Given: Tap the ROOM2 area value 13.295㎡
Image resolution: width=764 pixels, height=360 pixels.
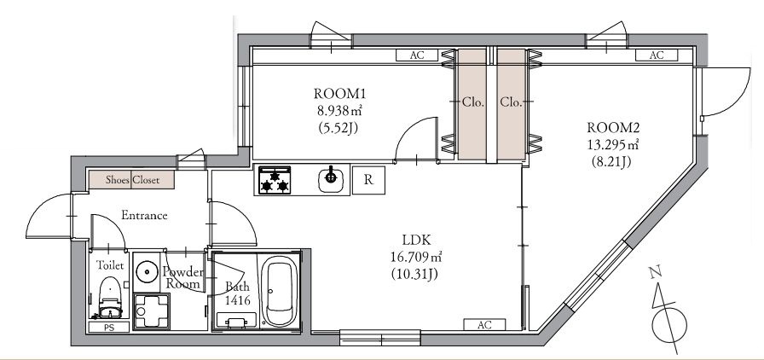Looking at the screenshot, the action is pyautogui.click(x=613, y=144).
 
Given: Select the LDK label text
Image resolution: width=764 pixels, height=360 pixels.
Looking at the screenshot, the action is pyautogui.click(x=415, y=240).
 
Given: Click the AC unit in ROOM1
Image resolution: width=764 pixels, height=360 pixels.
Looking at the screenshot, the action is pyautogui.click(x=417, y=55).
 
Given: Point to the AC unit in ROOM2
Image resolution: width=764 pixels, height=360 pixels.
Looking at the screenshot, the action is pyautogui.click(x=657, y=55).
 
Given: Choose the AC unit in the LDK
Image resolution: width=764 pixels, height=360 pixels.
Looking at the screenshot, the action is pyautogui.click(x=484, y=325).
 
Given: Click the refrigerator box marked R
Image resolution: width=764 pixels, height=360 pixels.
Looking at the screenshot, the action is pyautogui.click(x=369, y=180).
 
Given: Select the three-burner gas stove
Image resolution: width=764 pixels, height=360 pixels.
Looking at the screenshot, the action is pyautogui.click(x=275, y=180).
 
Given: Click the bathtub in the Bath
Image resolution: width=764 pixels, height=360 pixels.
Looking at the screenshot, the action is pyautogui.click(x=280, y=293).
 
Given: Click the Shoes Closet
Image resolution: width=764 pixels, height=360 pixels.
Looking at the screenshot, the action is pyautogui.click(x=131, y=180).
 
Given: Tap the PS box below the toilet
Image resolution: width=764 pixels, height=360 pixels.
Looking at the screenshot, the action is pyautogui.click(x=108, y=327).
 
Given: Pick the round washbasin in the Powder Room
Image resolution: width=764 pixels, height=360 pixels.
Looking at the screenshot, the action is pyautogui.click(x=145, y=270).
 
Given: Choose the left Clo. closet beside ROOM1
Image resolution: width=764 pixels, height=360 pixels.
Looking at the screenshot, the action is pyautogui.click(x=472, y=104).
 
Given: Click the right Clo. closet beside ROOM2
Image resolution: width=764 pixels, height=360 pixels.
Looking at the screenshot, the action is pyautogui.click(x=511, y=104).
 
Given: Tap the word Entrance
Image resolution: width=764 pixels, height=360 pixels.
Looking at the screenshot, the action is pyautogui.click(x=144, y=215).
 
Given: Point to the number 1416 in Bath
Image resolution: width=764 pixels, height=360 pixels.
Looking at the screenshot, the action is pyautogui.click(x=237, y=300).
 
